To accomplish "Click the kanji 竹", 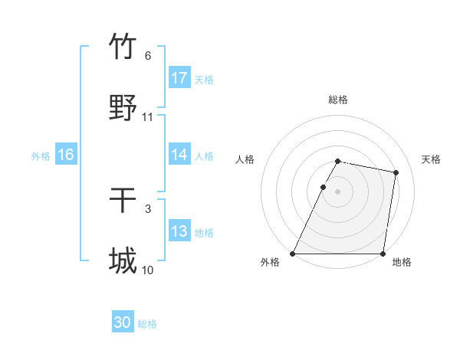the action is [x=123, y=47].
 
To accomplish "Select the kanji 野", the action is [x=123, y=108].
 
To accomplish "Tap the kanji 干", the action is [x=123, y=200].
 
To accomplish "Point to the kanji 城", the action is [x=123, y=261].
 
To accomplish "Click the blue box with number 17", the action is [x=179, y=78].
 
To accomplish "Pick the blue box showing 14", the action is [x=179, y=155].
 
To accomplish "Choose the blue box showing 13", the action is [x=179, y=231].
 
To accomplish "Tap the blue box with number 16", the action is [x=65, y=155].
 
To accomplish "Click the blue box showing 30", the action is [x=123, y=322].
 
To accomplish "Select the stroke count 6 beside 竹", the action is [x=148, y=56].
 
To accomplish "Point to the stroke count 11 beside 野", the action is [x=148, y=117].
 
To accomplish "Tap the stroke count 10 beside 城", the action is [x=148, y=270].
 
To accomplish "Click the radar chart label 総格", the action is [x=338, y=100].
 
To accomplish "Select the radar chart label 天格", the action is [x=431, y=159].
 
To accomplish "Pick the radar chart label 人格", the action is [x=245, y=159].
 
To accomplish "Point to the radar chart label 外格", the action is [x=270, y=263].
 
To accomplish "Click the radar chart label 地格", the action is [x=402, y=263].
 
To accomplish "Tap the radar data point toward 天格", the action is [x=396, y=173].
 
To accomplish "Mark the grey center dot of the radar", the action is [x=338, y=191].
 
